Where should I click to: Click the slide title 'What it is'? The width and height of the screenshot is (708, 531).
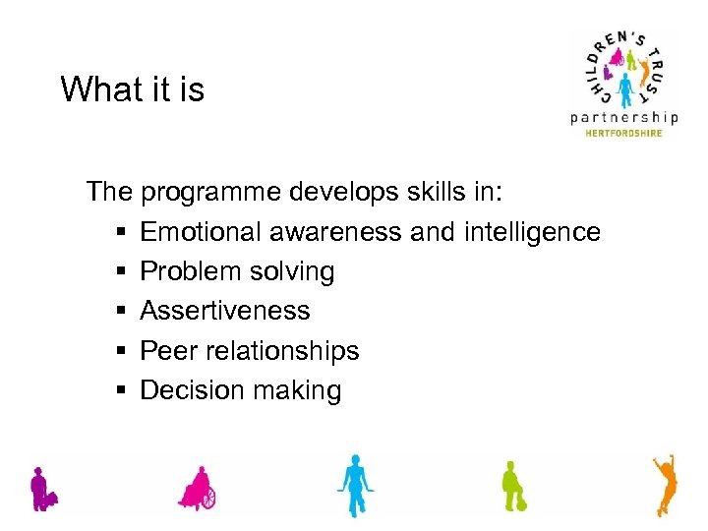pos(132,89)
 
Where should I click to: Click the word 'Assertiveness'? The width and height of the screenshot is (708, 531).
pos(224,311)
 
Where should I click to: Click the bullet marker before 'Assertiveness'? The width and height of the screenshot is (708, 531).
pos(119,312)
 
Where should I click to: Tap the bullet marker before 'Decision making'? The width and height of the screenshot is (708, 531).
pos(119,391)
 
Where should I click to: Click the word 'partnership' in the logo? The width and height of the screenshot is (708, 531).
pos(624,117)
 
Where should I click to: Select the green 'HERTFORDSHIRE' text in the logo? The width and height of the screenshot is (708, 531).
pos(624,133)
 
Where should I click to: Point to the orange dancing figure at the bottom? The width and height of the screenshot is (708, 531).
pos(666,484)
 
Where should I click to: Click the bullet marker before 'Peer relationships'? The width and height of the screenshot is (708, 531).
pos(119,351)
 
